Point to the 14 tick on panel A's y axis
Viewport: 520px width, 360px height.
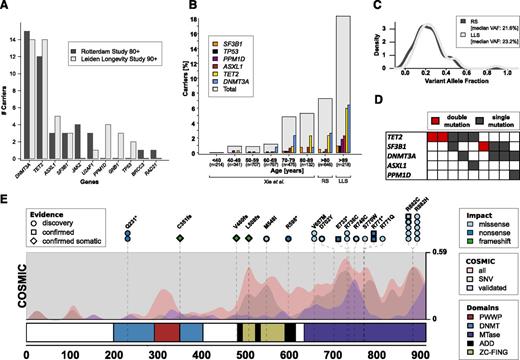[13, 39]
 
